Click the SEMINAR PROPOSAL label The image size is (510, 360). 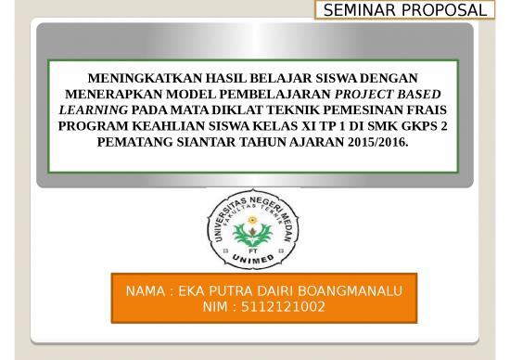click(x=404, y=10)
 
